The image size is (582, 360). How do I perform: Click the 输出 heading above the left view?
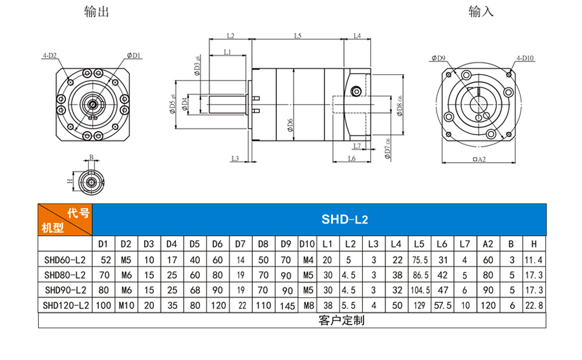pyautogui.click(x=96, y=12)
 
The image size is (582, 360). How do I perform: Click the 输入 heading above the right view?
pyautogui.click(x=480, y=12)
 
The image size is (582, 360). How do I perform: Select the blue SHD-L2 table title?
pyautogui.click(x=344, y=220)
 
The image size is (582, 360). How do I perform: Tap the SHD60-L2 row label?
pyautogui.click(x=65, y=260)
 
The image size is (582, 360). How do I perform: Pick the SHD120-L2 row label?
pyautogui.click(x=65, y=305)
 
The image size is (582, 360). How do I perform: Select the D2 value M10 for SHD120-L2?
pyautogui.click(x=125, y=305)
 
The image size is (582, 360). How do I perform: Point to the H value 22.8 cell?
pyautogui.click(x=533, y=305)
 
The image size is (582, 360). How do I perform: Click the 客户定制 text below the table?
pyautogui.click(x=341, y=320)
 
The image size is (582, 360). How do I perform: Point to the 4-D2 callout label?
pyautogui.click(x=49, y=56)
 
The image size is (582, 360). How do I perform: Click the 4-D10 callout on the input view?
pyautogui.click(x=524, y=58)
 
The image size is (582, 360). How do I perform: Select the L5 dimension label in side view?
pyautogui.click(x=297, y=36)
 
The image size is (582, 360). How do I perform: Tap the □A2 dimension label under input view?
pyautogui.click(x=479, y=159)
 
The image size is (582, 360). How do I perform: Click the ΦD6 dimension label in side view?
pyautogui.click(x=290, y=122)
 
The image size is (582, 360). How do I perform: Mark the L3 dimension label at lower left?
pyautogui.click(x=235, y=158)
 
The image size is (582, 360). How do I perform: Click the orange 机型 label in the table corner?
pyautogui.click(x=52, y=228)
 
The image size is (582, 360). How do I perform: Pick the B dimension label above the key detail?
pyautogui.click(x=91, y=157)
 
